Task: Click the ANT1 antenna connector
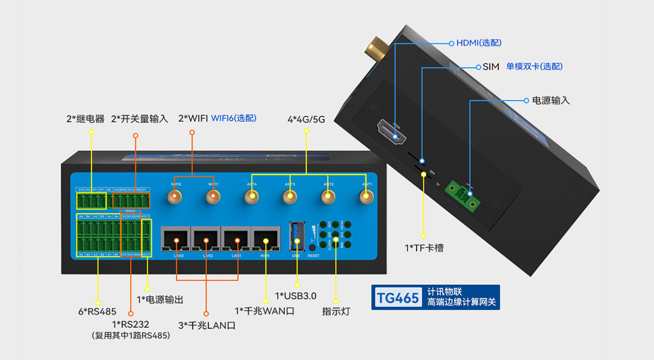[366, 198]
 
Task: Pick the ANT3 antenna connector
[289, 198]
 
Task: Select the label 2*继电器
[84, 119]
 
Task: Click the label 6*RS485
[98, 312]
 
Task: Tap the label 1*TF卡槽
[423, 248]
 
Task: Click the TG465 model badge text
[398, 297]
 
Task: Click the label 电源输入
[550, 101]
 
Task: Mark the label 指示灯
[336, 312]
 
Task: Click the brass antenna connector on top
[376, 48]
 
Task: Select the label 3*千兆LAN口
[207, 325]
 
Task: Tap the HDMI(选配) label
[479, 42]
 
